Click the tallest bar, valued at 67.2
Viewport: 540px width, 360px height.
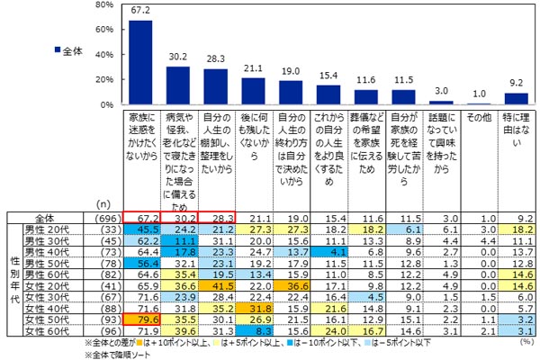click(x=140, y=63)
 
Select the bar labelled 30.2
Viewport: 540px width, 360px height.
click(x=178, y=86)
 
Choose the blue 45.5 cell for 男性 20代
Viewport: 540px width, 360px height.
click(x=141, y=230)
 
